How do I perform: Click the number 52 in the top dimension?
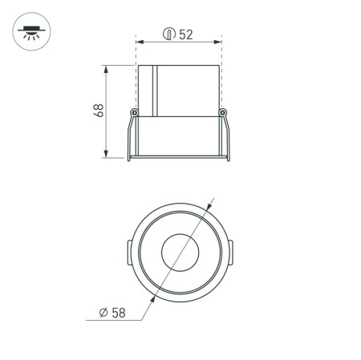tap(187, 34)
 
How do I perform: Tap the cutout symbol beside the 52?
tap(169, 34)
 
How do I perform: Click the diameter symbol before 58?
tap(105, 312)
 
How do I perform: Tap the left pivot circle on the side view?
tap(134, 111)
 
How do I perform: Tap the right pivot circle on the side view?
tap(222, 111)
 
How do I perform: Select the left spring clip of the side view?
tap(129, 136)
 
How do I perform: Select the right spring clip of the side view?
tap(228, 136)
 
